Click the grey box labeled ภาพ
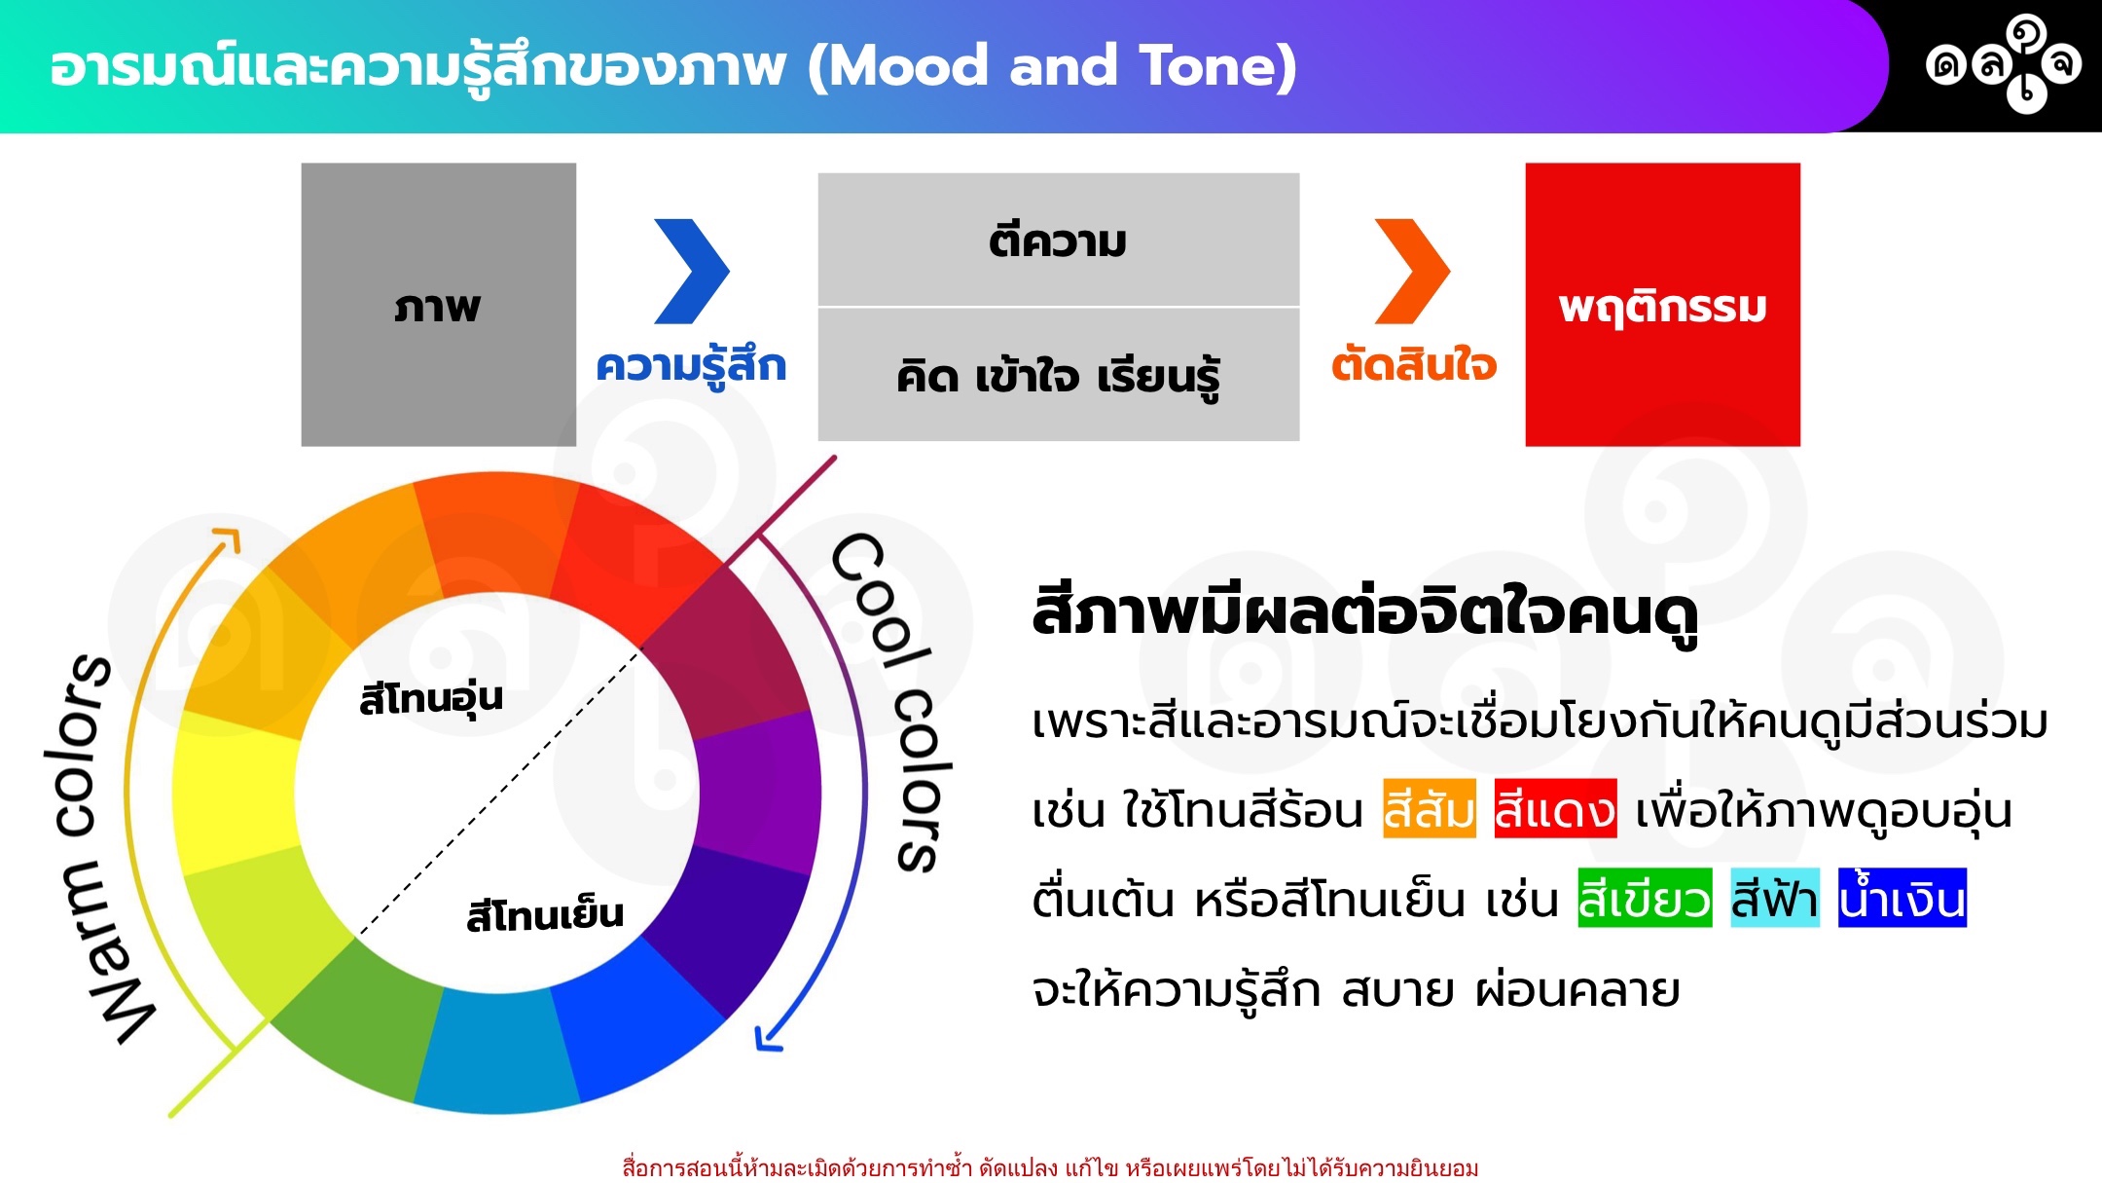pos(438,304)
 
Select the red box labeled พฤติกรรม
pos(1662,304)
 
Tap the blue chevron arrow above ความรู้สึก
pos(691,271)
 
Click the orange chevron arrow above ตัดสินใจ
pos(1411,271)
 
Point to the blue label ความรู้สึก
pos(691,367)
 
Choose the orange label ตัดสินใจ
pos(1414,364)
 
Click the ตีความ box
pos(1059,240)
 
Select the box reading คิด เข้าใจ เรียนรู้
pos(1059,375)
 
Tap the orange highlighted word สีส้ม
pos(1430,808)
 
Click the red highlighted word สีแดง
pos(1555,808)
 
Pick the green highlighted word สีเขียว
pos(1645,898)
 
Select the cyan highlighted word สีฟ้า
pos(1775,898)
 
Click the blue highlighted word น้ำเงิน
pos(1903,898)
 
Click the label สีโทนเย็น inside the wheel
pos(545,915)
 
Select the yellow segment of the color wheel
pos(236,791)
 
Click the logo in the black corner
pos(2004,64)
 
